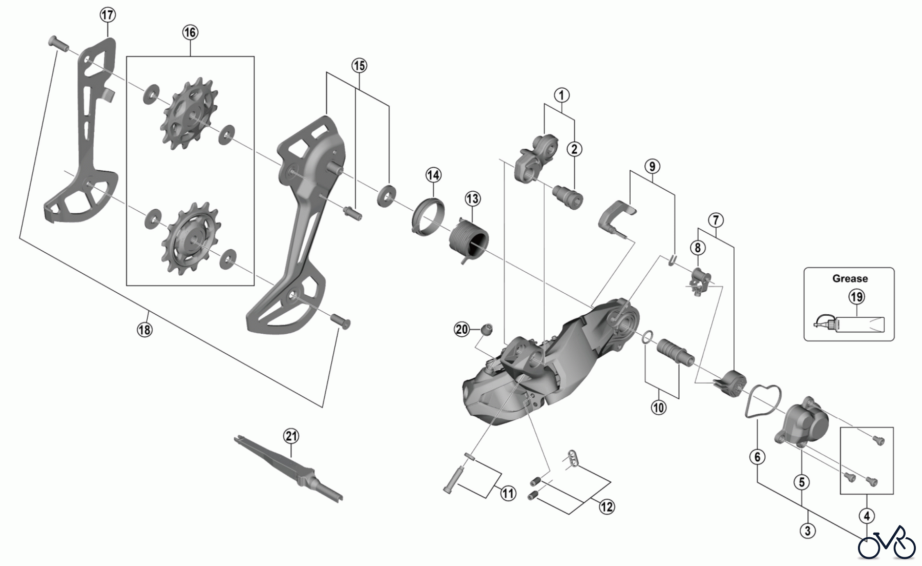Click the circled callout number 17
tap(108, 15)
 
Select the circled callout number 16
tap(190, 32)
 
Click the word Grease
tap(850, 278)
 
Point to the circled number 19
tap(856, 296)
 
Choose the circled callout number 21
tap(291, 436)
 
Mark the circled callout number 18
tap(145, 330)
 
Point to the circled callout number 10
tap(658, 408)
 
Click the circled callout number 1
tap(561, 95)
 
